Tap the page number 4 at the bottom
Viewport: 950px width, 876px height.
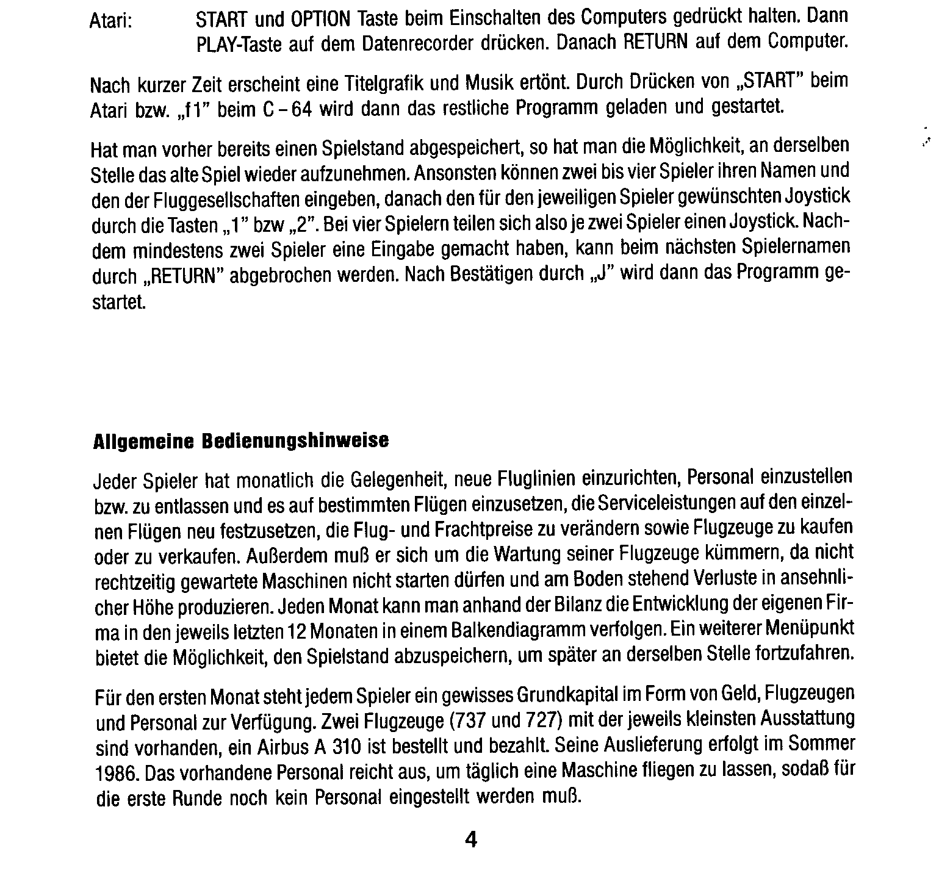470,840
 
